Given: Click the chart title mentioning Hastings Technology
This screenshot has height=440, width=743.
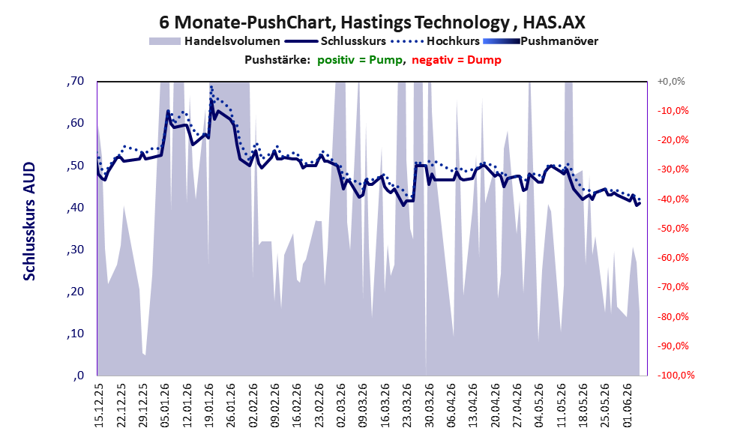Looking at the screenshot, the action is coord(372,22).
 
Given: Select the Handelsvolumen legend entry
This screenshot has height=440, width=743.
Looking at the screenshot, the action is coord(214,41).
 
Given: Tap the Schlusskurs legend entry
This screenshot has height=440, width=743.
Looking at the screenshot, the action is coord(335,41).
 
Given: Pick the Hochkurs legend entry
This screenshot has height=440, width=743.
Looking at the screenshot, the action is coord(435,41).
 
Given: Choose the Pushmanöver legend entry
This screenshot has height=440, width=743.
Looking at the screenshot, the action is coord(541,41).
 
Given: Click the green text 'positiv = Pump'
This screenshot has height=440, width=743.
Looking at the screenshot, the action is coord(360,60).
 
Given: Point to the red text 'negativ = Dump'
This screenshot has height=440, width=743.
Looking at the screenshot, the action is coord(457,60).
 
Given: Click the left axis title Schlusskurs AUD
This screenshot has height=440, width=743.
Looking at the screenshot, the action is coord(29,221).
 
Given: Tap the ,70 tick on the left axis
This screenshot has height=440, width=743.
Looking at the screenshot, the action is coord(75,81).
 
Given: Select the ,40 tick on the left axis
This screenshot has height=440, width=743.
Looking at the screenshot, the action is coord(75,208).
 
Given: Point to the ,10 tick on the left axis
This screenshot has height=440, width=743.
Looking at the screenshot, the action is coord(75,334).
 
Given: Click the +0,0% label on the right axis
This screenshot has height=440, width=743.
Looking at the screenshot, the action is coord(671,82).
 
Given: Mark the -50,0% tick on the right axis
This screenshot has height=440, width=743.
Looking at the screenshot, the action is coord(673,229).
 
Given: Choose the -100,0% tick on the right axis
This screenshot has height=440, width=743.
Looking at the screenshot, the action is coord(676,376).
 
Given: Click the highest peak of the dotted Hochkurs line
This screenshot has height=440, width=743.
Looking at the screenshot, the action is coord(211,87).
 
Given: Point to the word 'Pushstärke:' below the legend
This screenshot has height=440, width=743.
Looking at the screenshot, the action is coord(277,60).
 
